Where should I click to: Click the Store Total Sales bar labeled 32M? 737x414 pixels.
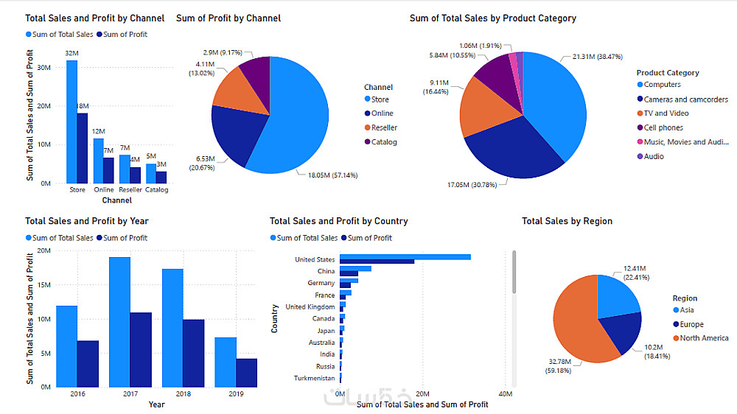(x=71, y=122)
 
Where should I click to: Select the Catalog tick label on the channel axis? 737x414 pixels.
(x=156, y=190)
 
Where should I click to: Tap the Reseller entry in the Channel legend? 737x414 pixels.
(x=384, y=127)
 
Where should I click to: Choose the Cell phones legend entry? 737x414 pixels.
(x=663, y=127)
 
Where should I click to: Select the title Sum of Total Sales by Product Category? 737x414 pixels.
(x=492, y=18)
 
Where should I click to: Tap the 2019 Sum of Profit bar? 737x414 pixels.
(x=247, y=373)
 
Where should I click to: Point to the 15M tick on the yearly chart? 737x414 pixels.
(x=43, y=285)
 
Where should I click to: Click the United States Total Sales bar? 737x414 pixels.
(x=405, y=256)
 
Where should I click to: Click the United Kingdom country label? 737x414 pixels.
(x=310, y=307)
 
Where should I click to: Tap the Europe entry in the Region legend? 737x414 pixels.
(x=691, y=324)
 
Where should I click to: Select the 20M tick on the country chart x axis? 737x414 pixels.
(x=422, y=395)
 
